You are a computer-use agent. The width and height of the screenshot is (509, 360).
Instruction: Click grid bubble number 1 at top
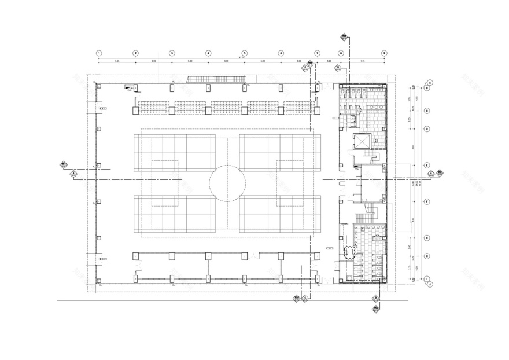(99, 53)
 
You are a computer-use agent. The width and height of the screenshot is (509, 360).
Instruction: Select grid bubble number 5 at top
(245, 53)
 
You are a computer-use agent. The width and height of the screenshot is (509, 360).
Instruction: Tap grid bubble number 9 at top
(383, 53)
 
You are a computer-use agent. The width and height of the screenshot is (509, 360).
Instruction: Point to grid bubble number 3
(172, 53)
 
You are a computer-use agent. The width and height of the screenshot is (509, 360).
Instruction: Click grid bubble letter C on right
(426, 111)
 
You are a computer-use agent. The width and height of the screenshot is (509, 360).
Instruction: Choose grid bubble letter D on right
(426, 128)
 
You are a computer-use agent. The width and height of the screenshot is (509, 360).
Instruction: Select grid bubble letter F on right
(426, 201)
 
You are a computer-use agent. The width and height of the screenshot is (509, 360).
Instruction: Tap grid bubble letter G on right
(426, 238)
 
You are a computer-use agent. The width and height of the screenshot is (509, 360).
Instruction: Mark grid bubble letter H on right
(426, 256)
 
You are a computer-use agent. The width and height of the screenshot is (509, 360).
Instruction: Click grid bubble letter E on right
(426, 165)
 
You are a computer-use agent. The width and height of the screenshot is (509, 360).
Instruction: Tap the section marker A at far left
(73, 173)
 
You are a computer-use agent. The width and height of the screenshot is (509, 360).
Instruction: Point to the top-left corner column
(99, 86)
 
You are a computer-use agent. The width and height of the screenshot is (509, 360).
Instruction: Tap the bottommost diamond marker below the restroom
(375, 309)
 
